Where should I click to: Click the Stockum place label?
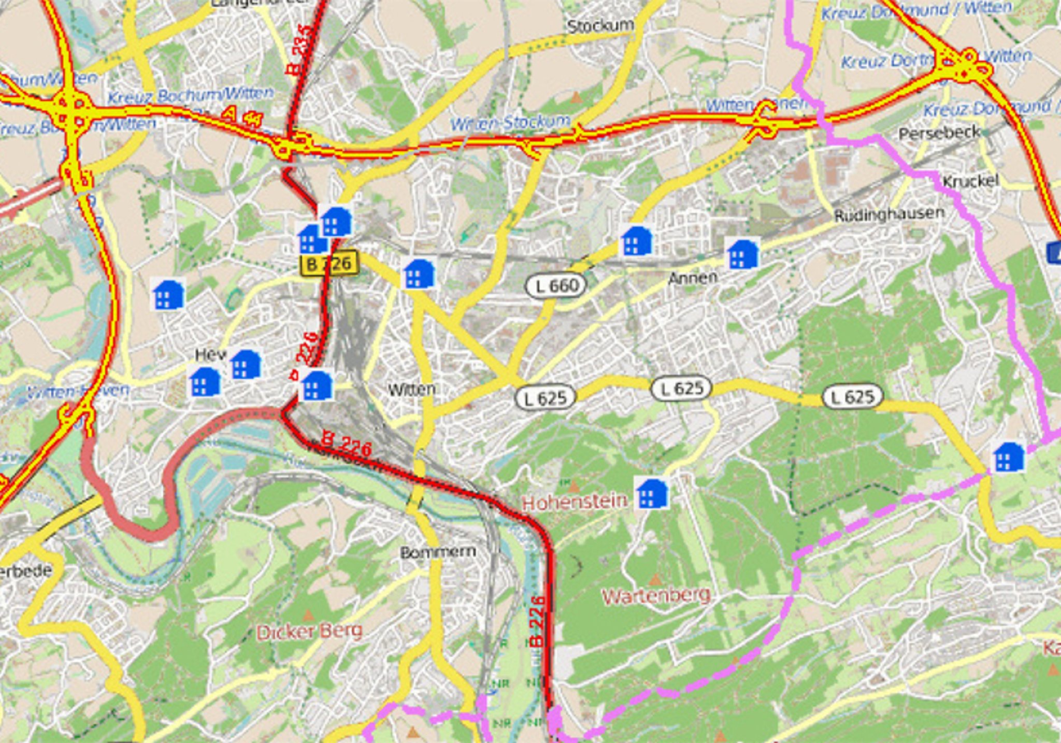[x=600, y=25]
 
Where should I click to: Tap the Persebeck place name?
[x=939, y=133]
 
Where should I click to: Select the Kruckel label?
[x=970, y=181]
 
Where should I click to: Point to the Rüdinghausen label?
[x=889, y=214]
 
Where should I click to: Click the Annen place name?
[x=693, y=278]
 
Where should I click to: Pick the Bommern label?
[x=438, y=552]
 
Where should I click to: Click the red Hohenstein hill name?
[x=575, y=502]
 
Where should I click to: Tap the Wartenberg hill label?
[x=656, y=595]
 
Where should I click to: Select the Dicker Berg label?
[x=309, y=632]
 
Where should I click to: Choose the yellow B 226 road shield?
[x=329, y=264]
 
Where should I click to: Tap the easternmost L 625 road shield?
[x=852, y=397]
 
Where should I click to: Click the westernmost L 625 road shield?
[x=545, y=398]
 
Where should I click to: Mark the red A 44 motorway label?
[x=241, y=117]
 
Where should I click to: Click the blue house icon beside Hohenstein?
[x=652, y=493]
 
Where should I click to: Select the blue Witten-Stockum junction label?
[x=510, y=123]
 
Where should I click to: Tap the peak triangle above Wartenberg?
[x=655, y=579]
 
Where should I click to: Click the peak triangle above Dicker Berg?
[x=308, y=616]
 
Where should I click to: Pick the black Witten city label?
[x=411, y=389]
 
